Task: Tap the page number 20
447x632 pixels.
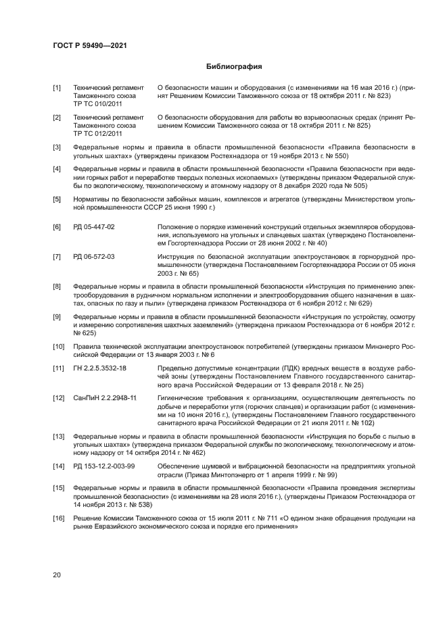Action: click(x=57, y=575)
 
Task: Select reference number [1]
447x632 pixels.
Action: click(x=57, y=88)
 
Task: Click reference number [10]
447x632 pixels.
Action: click(x=59, y=347)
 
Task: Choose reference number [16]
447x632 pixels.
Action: click(x=59, y=518)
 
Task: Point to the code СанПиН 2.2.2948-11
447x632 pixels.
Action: click(x=105, y=398)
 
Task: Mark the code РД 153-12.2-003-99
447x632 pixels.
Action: click(x=104, y=466)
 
